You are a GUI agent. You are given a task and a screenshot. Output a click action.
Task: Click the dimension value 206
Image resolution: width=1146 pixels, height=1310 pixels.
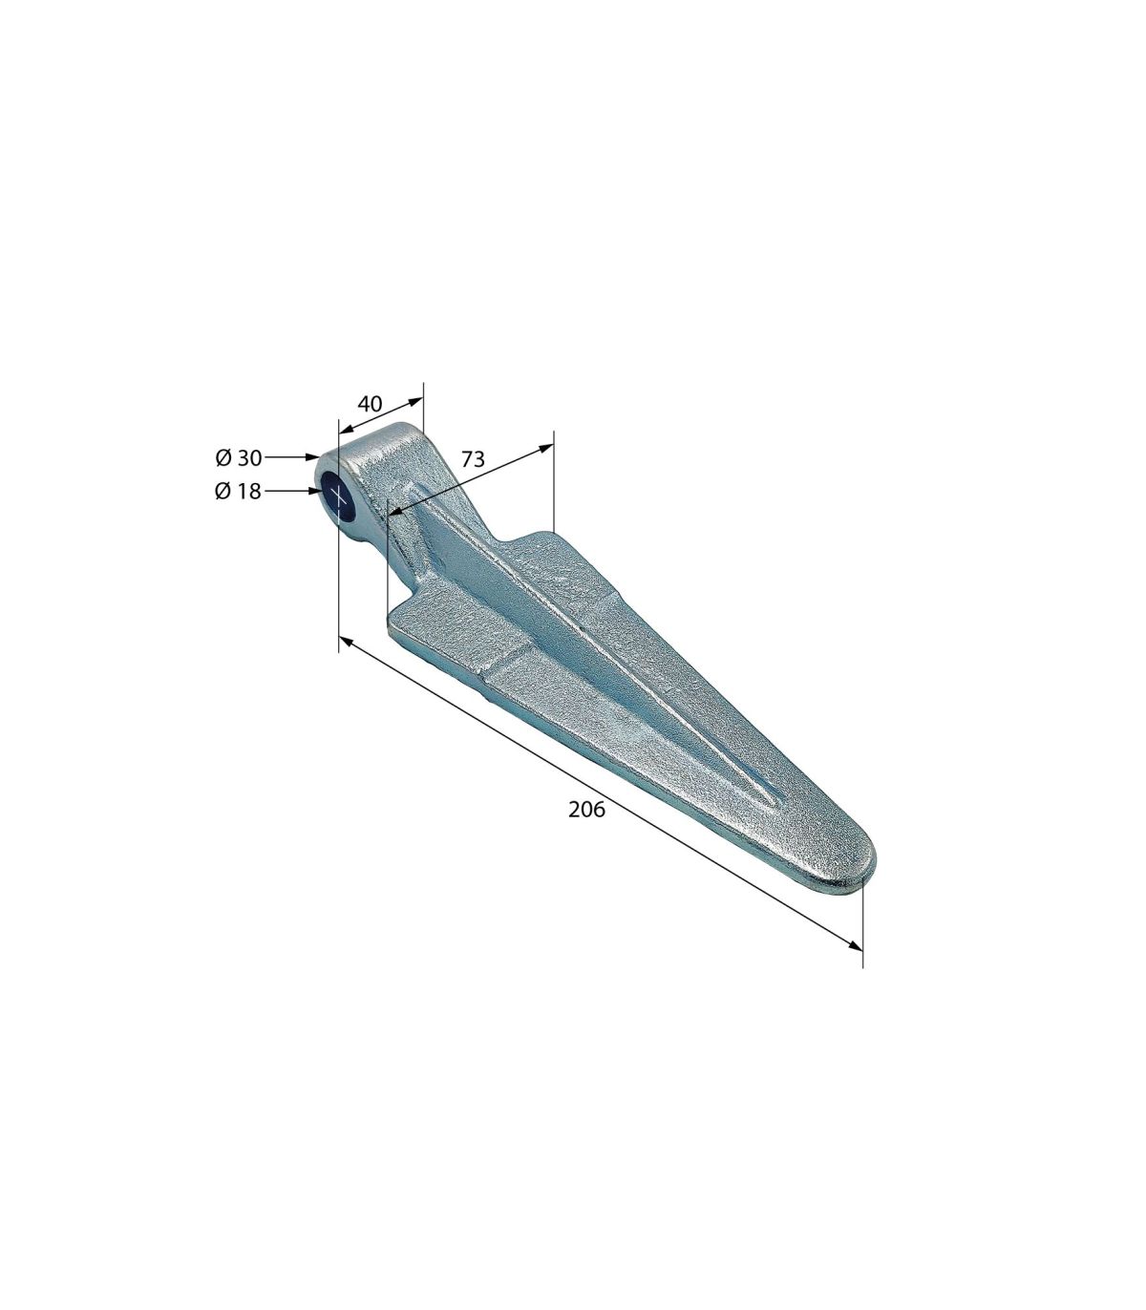586,810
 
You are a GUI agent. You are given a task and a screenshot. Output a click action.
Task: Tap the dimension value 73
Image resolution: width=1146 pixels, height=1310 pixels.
473,459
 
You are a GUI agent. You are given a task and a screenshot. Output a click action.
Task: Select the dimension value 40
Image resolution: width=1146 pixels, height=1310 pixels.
370,404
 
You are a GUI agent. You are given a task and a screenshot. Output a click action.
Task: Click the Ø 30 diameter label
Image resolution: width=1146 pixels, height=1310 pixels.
239,457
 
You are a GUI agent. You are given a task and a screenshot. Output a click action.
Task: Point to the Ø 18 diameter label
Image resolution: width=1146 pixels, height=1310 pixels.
239,491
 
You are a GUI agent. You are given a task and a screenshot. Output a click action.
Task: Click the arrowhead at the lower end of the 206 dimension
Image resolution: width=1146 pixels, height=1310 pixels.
854,945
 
